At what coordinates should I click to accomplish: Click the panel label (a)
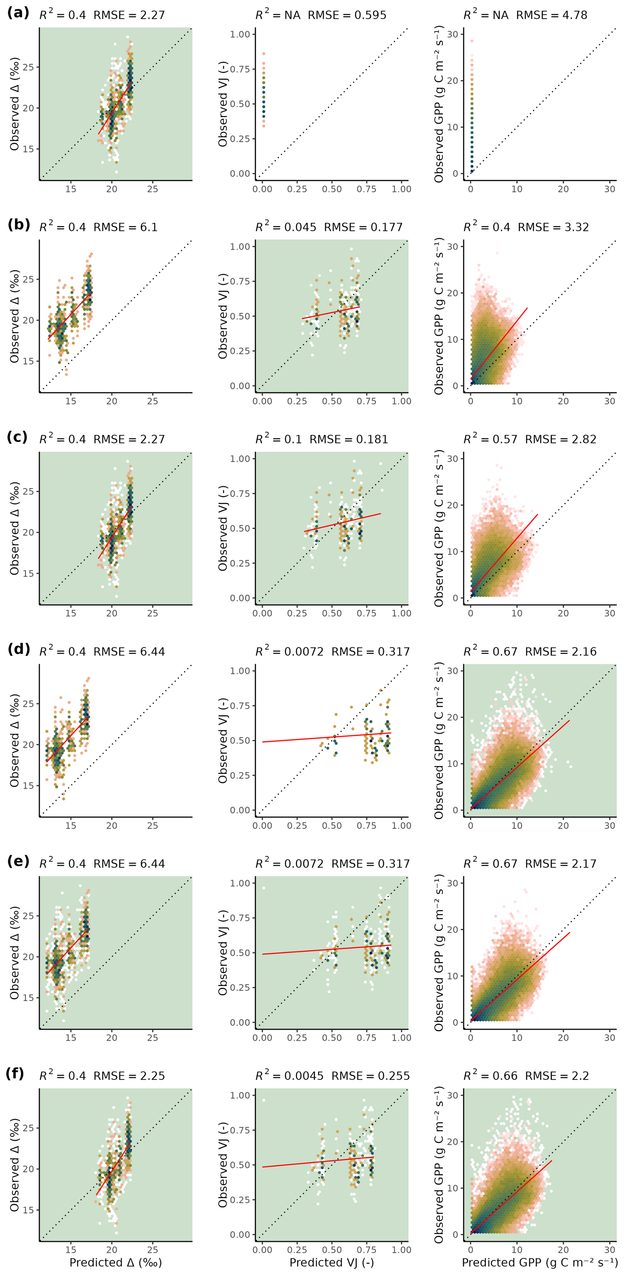click(x=18, y=13)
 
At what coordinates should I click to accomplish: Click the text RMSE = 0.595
click(x=347, y=15)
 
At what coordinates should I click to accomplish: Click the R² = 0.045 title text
click(x=286, y=227)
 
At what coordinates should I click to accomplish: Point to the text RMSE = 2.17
click(x=561, y=864)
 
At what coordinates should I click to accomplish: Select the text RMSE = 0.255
click(x=371, y=1076)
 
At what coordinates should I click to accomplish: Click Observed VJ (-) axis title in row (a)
click(x=223, y=104)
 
